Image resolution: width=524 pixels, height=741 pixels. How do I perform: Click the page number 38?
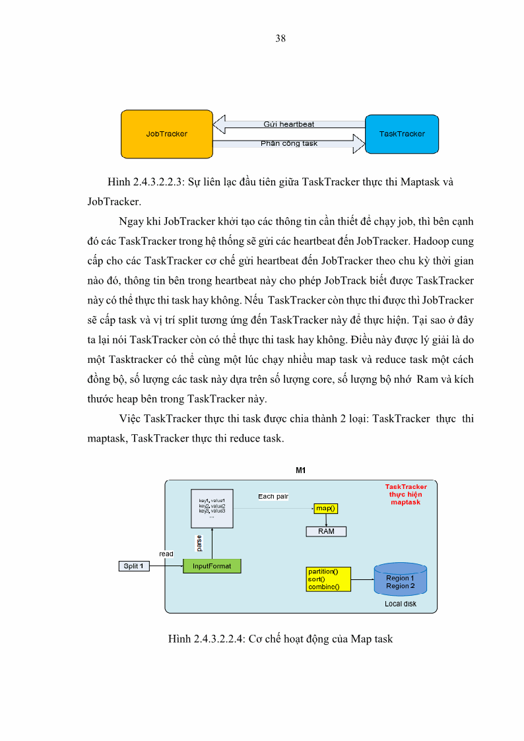(280, 38)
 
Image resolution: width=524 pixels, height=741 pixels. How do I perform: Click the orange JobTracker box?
(166, 134)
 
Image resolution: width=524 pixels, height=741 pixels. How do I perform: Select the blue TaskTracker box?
(402, 134)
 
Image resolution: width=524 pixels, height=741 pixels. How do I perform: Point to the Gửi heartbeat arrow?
(288, 124)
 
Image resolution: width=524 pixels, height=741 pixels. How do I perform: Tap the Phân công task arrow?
(289, 143)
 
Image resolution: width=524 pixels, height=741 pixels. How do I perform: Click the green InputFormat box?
(212, 566)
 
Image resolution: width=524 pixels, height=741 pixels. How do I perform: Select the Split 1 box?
(133, 566)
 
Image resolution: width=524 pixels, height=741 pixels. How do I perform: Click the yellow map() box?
(326, 508)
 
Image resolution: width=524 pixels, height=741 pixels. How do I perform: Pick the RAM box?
(326, 531)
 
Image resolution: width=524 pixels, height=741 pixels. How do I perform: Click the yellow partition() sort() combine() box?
(328, 579)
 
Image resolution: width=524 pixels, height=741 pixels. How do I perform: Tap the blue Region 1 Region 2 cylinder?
(400, 580)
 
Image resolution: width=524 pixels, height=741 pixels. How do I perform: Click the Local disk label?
(401, 604)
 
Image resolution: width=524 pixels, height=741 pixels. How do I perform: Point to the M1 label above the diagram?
(300, 470)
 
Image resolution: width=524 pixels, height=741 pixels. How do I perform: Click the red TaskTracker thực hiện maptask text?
(406, 494)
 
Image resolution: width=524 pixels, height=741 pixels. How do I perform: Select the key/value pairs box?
(212, 508)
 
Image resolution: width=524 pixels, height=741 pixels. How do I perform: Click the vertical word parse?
(200, 543)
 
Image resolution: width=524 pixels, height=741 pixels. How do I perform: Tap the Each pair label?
(273, 496)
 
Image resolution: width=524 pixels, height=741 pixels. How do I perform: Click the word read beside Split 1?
(166, 554)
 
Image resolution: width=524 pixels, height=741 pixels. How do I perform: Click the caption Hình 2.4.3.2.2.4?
(280, 639)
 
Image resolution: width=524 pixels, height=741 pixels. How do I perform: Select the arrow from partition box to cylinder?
(362, 580)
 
